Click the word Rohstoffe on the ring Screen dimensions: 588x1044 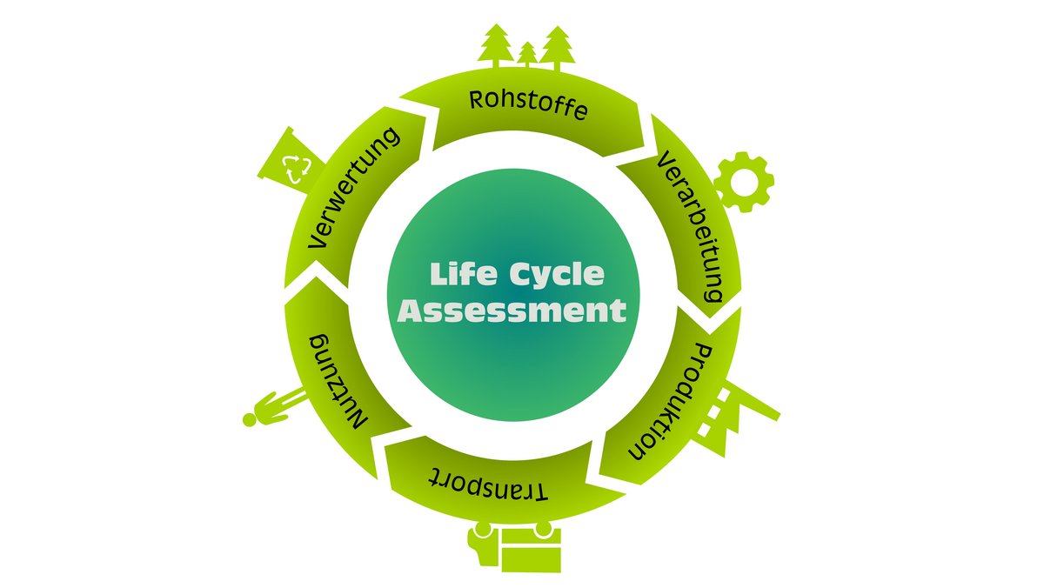click(x=528, y=104)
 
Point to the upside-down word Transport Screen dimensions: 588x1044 click(x=490, y=484)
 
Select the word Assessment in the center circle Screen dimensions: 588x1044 click(x=512, y=311)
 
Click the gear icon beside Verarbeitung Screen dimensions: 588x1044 click(x=743, y=182)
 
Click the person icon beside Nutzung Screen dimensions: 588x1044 click(x=274, y=409)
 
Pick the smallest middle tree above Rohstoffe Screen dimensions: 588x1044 click(x=527, y=54)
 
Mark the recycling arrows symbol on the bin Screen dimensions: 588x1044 click(x=297, y=165)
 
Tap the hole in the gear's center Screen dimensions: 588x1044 click(x=744, y=182)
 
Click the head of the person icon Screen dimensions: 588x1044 click(x=250, y=419)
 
